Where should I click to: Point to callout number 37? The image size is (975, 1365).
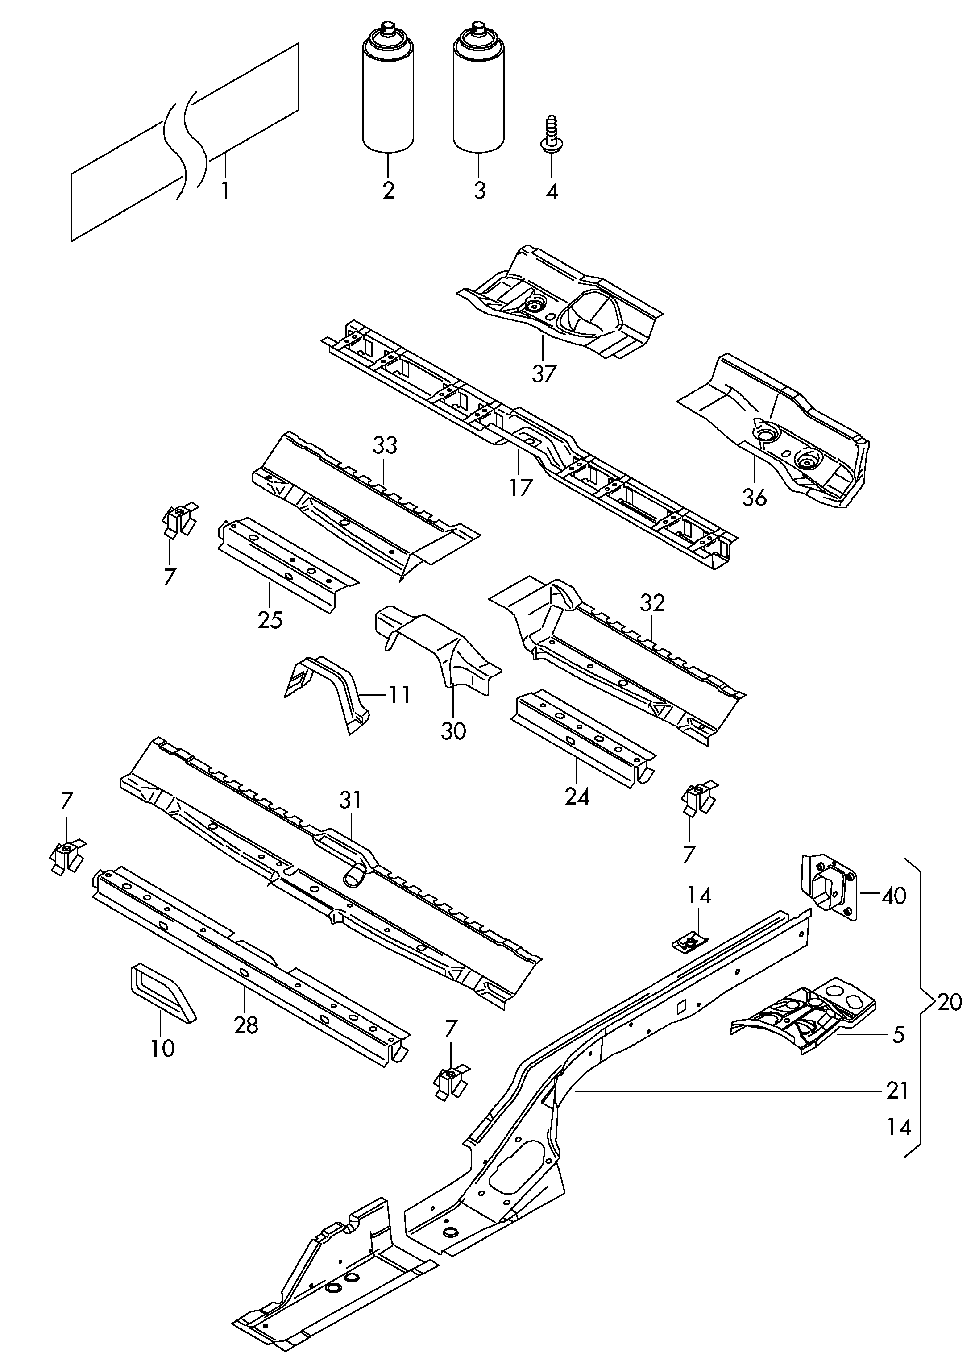(544, 373)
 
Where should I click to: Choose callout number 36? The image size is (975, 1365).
(754, 497)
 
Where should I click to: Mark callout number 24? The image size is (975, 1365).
(577, 797)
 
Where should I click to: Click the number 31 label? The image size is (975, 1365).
(351, 800)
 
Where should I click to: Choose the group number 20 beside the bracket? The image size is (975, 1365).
(949, 1002)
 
